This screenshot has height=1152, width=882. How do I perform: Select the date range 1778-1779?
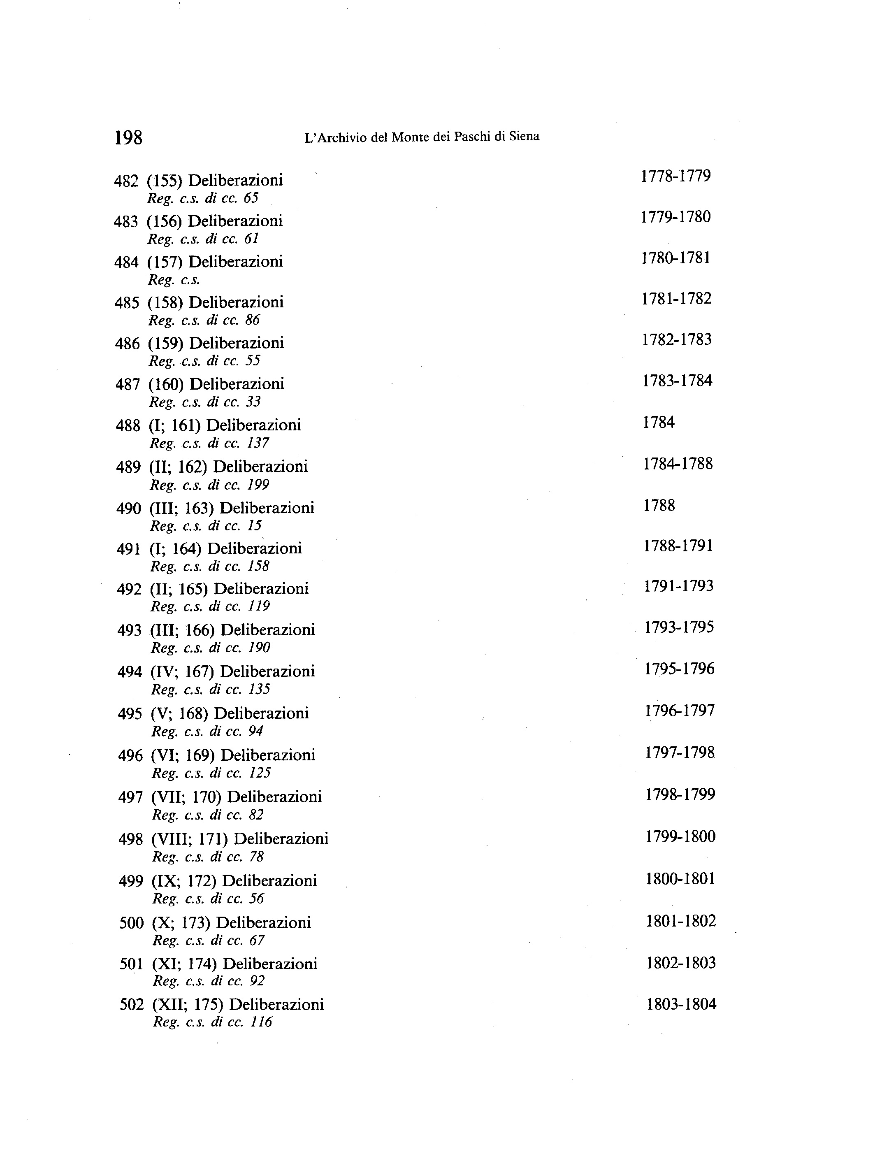tap(675, 176)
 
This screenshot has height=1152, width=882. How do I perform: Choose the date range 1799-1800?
tap(680, 836)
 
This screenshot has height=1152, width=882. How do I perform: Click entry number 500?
tap(131, 922)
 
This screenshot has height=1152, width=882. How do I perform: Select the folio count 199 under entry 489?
tap(258, 485)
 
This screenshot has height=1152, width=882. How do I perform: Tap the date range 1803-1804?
tap(681, 1004)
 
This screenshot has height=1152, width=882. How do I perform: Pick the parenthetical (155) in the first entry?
tap(164, 181)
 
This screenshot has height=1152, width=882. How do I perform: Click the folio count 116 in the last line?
tap(262, 1022)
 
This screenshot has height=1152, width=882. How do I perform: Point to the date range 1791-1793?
tap(679, 586)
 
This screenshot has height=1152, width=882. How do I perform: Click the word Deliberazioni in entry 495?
tap(262, 713)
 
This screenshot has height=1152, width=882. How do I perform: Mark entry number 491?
tap(129, 549)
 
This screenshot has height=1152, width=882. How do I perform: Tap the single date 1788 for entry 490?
tap(659, 506)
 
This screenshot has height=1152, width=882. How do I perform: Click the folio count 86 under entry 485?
tap(253, 320)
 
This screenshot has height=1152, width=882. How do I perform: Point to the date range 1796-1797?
tap(680, 711)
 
